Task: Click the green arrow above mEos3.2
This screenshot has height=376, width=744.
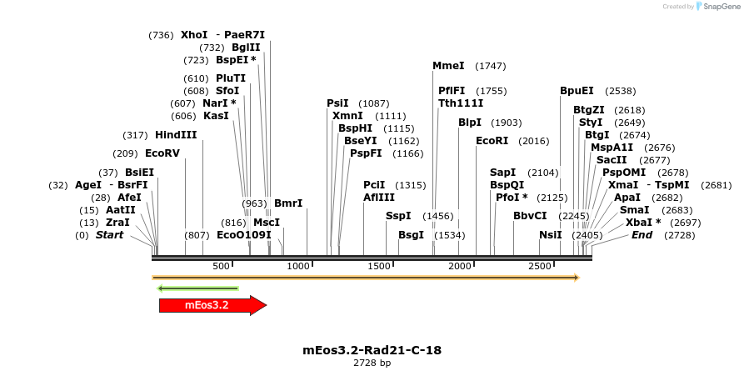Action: (198, 289)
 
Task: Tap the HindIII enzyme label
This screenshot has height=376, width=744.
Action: (176, 135)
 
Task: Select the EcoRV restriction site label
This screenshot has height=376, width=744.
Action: (162, 153)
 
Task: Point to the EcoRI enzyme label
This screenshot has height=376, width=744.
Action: (492, 141)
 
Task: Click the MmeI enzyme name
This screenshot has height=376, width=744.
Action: (448, 66)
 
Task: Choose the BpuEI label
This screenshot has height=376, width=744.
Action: (577, 91)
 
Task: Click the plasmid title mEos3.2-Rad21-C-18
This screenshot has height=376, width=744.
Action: (372, 350)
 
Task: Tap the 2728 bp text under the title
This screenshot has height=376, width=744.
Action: (372, 363)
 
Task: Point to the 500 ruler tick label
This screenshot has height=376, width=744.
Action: (222, 266)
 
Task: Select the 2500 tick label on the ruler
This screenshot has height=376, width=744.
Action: (541, 266)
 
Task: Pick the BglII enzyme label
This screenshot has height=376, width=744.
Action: (246, 48)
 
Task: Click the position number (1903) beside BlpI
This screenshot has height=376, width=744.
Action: (507, 123)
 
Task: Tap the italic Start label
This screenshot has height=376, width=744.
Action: (109, 235)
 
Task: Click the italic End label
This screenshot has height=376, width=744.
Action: (642, 235)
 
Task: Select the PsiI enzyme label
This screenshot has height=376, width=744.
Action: (337, 103)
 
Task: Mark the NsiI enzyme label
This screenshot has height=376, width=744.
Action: (551, 235)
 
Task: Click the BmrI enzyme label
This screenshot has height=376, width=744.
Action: (288, 203)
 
